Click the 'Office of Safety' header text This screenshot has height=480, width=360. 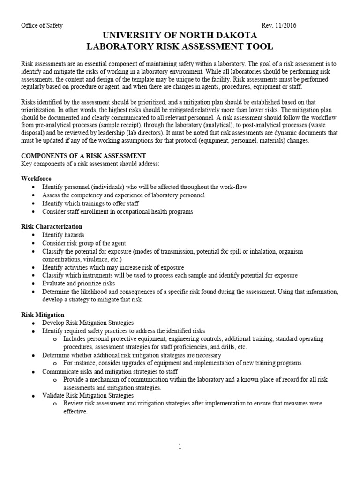click(x=42, y=26)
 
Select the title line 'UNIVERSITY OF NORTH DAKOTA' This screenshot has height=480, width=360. click(x=180, y=36)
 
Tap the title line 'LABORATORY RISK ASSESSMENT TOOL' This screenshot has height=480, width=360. click(x=180, y=47)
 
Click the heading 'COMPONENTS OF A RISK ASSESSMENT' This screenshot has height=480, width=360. click(x=84, y=156)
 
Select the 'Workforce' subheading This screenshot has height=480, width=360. click(x=37, y=179)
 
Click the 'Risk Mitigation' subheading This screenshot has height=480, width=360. click(x=43, y=315)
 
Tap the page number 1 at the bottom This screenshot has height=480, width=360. click(x=180, y=447)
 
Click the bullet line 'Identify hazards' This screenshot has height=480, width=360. click(x=63, y=235)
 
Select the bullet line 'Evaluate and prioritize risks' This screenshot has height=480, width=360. click(x=78, y=283)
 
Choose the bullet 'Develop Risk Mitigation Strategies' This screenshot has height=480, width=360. click(x=88, y=323)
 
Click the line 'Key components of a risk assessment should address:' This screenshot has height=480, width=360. click(x=90, y=163)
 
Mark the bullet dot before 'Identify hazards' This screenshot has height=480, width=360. click(x=33, y=235)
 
